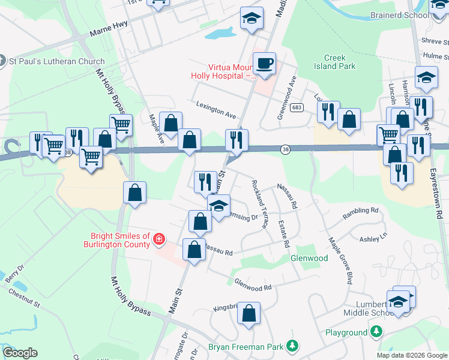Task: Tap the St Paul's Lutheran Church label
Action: click(56, 61)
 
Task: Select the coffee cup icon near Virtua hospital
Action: click(264, 62)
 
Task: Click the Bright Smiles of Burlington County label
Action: click(120, 240)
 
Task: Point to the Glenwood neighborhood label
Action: click(309, 259)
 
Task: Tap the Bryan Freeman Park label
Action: click(247, 346)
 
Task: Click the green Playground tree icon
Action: click(376, 332)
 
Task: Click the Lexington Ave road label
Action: click(216, 109)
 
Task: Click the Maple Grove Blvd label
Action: click(339, 260)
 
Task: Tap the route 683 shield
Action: click(296, 107)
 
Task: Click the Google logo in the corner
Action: click(20, 353)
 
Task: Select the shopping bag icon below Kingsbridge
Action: click(248, 313)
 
